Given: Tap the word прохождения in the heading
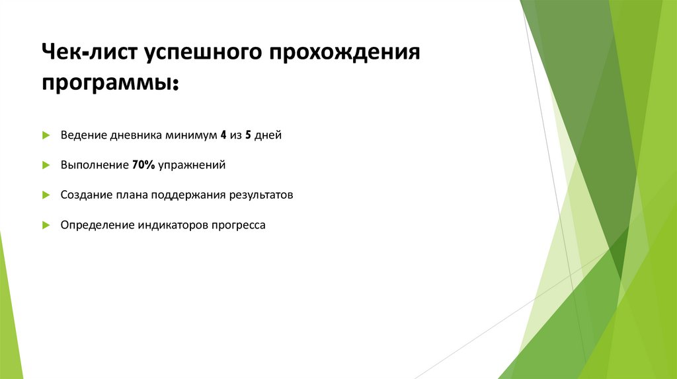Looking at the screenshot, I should coord(343,52).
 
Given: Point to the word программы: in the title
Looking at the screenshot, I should coord(110,85).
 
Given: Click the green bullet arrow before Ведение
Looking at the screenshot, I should coord(46,135).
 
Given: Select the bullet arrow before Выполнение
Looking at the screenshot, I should coord(46,165).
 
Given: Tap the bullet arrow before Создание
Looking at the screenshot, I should coord(46,195).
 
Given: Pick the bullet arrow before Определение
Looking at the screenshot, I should coord(46,225).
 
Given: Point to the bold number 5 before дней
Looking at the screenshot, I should coord(249,135).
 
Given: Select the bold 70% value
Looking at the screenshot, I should coord(143,165).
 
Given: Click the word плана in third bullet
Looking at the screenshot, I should coord(132,195).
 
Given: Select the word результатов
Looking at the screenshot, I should coord(261,195).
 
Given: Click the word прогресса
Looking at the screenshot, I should coord(239,225).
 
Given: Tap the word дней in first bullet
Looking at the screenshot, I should coord(269,135).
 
